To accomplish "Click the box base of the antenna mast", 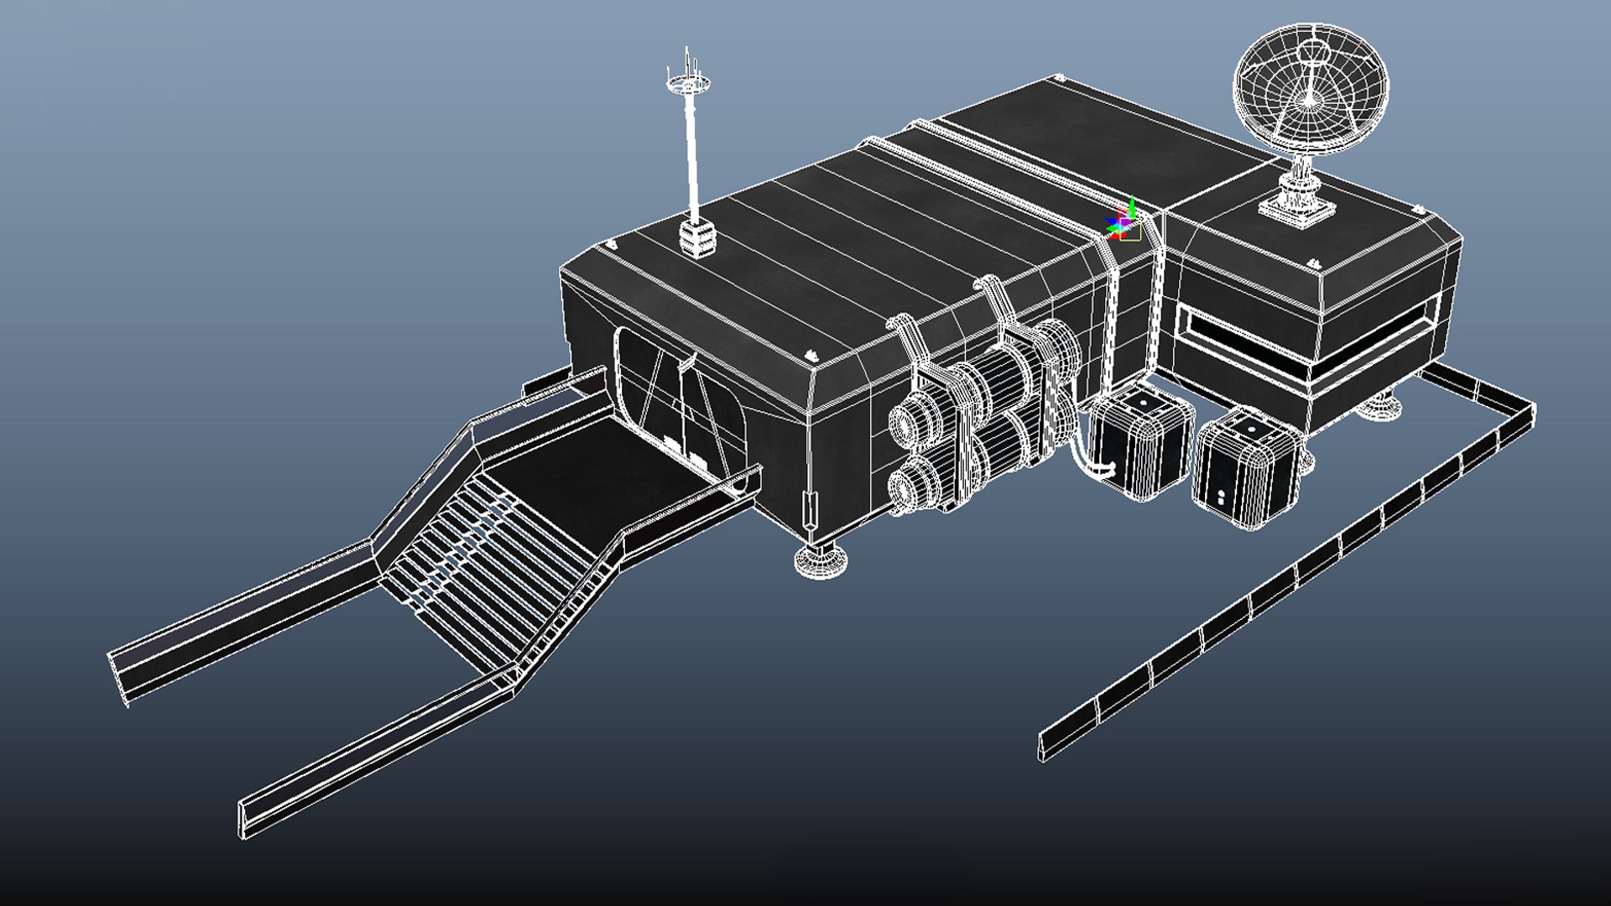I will (x=697, y=238).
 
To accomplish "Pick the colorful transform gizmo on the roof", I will (x=1124, y=222).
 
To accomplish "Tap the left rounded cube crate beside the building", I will (x=1141, y=445).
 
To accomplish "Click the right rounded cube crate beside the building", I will (x=1246, y=470).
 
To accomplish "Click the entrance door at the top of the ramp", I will (x=680, y=403).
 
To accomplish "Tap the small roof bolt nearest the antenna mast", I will (x=611, y=245).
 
